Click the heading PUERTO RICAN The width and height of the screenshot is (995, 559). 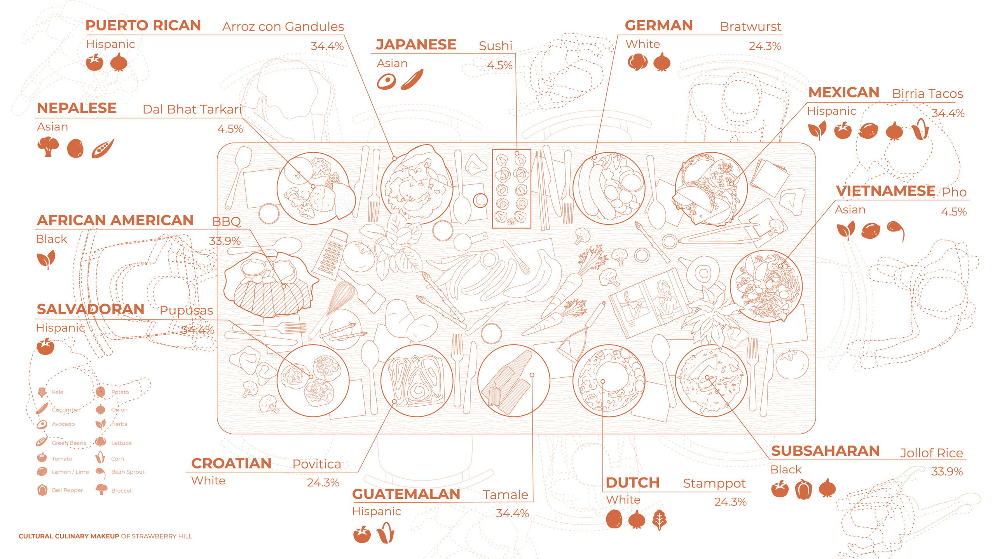coord(143,26)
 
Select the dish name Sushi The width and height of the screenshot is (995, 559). coord(496,46)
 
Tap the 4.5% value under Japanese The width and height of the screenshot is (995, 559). coord(499,65)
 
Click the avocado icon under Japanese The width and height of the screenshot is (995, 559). coord(386,82)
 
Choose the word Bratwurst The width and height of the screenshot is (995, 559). coord(750,26)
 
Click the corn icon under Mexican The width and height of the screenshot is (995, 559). coord(920,129)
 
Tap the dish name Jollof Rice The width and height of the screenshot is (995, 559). coord(931,453)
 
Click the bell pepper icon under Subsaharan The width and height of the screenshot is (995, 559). coord(803,489)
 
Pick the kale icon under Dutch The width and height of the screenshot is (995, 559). coord(660,519)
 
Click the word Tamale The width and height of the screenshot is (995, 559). coord(505,495)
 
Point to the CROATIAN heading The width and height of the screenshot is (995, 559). coord(231,463)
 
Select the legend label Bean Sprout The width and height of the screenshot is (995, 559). coord(127,472)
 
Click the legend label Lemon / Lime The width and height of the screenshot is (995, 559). coord(70,472)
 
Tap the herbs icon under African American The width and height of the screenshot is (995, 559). coord(46,259)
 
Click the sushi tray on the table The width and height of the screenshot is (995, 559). coord(511,189)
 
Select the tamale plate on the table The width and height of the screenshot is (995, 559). coord(513,380)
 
